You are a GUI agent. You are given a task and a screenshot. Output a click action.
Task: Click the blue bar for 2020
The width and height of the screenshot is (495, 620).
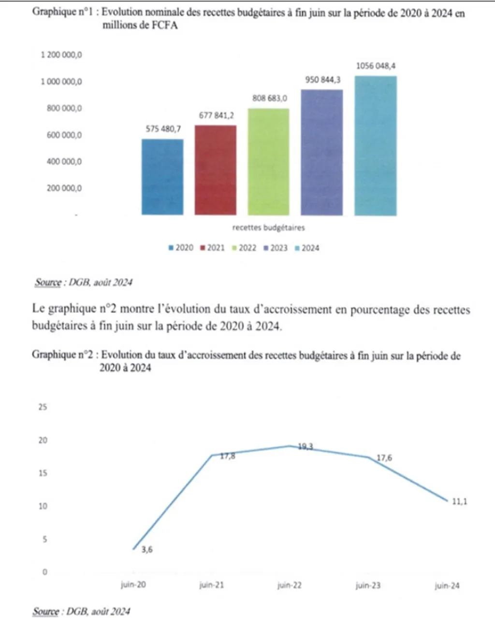162,177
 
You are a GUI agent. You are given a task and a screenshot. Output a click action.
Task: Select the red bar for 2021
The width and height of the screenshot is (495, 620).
215,170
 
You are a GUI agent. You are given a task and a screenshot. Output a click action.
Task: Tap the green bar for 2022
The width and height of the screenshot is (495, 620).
268,162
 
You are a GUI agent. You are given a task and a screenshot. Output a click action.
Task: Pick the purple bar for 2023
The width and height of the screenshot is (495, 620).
321,152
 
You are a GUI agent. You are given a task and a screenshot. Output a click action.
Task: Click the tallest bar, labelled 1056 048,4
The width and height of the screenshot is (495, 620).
376,145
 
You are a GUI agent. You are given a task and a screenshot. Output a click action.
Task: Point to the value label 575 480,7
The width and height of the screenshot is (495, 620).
163,129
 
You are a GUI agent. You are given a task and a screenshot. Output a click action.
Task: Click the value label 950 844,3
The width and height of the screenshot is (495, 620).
322,80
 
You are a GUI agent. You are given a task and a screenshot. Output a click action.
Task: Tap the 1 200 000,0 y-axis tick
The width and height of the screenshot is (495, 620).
61,55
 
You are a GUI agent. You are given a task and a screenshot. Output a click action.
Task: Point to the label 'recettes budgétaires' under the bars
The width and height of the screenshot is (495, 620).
268,227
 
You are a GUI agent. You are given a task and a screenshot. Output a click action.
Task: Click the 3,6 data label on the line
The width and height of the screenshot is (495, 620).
147,549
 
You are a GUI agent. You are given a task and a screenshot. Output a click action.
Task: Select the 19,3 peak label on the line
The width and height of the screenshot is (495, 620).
305,447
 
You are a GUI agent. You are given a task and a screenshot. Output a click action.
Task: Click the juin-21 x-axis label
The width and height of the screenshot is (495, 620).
212,586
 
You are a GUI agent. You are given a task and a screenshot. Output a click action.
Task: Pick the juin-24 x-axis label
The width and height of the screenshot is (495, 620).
447,586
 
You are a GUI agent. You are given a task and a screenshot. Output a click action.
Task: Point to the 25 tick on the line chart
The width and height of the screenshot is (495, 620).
43,407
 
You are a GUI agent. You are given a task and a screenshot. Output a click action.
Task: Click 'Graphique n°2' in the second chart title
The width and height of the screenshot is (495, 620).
62,355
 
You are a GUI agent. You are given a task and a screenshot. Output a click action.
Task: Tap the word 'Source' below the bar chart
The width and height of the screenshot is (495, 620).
48,282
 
